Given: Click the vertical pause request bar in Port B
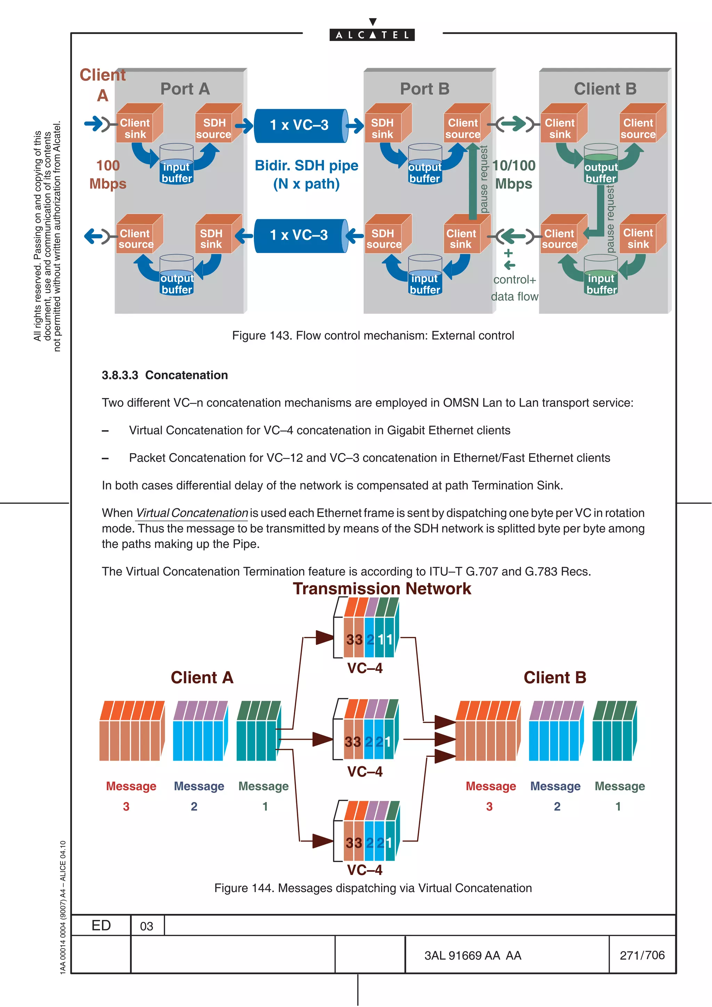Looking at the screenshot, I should click(473, 182).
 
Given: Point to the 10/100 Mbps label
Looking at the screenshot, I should click(514, 174).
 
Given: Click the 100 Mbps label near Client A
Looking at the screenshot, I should click(108, 174).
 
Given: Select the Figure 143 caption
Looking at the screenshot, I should click(373, 336).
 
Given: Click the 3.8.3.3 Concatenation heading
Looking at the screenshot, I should click(164, 375).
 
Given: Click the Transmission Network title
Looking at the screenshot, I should click(382, 589).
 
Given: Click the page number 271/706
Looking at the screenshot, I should click(642, 955).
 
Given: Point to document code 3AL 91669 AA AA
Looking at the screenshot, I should click(472, 955).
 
